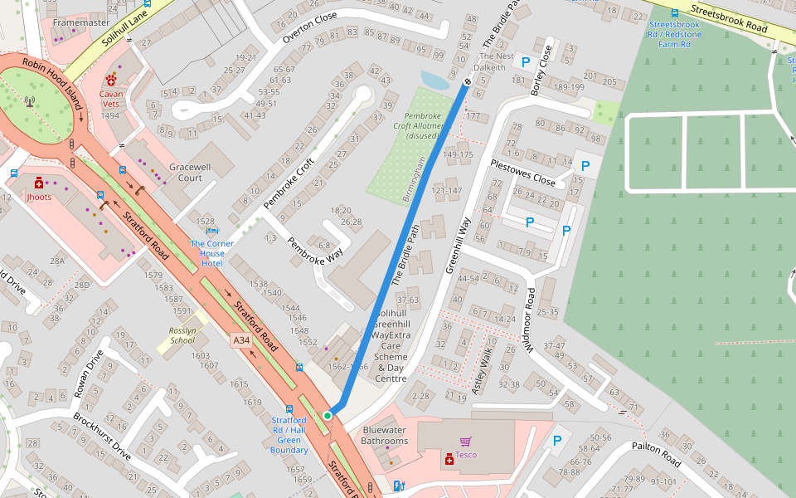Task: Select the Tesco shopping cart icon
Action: pyautogui.click(x=465, y=442)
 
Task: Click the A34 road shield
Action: pyautogui.click(x=240, y=340)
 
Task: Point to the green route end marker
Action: pyautogui.click(x=328, y=415)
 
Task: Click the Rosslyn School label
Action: pyautogui.click(x=182, y=335)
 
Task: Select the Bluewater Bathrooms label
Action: pyautogui.click(x=385, y=436)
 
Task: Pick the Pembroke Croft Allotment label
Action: pyautogui.click(x=424, y=125)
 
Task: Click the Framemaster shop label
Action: pyautogui.click(x=80, y=22)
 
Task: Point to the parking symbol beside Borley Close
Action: pyautogui.click(x=523, y=61)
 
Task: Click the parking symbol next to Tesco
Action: pyautogui.click(x=557, y=441)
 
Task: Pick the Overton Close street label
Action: pyautogui.click(x=309, y=27)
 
